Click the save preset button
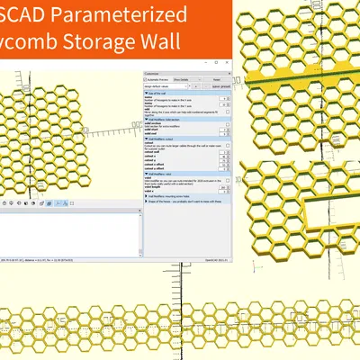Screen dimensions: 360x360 click(x=220, y=86)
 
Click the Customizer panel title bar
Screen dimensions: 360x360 click(x=162, y=72)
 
